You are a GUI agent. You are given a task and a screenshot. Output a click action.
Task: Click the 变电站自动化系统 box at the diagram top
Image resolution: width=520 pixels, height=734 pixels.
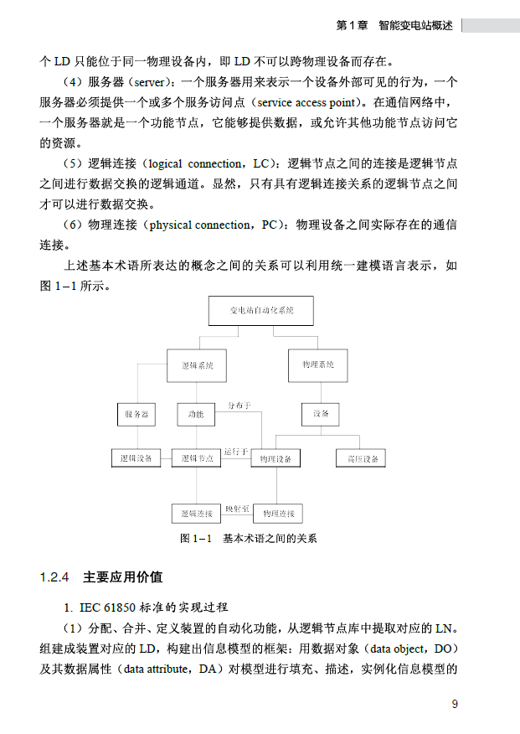pos(260,310)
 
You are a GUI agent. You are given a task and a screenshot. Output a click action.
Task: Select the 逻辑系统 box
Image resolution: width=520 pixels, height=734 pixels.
pos(196,364)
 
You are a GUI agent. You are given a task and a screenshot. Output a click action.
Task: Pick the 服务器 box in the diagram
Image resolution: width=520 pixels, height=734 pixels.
pos(136,414)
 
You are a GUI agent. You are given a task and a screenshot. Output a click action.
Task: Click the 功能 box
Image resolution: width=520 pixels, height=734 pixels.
pos(196,414)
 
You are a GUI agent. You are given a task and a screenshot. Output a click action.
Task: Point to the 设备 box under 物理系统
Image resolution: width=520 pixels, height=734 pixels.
pos(321,414)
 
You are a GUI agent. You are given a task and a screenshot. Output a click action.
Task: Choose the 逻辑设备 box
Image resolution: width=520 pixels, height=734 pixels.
pos(136,458)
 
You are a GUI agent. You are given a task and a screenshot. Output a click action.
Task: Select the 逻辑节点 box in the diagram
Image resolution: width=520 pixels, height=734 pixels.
pos(197,458)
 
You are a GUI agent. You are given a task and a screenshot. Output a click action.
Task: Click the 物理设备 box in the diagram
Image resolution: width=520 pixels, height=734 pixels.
pos(275,459)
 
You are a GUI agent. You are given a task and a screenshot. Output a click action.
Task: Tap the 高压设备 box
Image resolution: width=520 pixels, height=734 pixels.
pos(361,458)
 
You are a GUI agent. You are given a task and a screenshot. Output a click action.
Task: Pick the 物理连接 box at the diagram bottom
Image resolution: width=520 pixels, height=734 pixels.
pos(277,513)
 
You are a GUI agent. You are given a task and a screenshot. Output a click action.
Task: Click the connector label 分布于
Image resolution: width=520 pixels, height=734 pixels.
pos(239,406)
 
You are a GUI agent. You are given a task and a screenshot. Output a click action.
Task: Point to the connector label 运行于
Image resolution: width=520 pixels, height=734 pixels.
pos(236,452)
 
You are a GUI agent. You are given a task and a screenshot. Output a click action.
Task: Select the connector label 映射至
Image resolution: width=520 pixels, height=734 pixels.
pos(237,508)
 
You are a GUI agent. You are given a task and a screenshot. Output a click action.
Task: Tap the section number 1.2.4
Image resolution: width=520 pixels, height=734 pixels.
pos(53,577)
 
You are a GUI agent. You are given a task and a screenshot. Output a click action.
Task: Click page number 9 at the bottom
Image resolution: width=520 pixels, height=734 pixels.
pos(455,704)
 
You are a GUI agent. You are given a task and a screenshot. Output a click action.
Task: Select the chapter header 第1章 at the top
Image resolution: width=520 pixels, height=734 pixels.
pos(351,26)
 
